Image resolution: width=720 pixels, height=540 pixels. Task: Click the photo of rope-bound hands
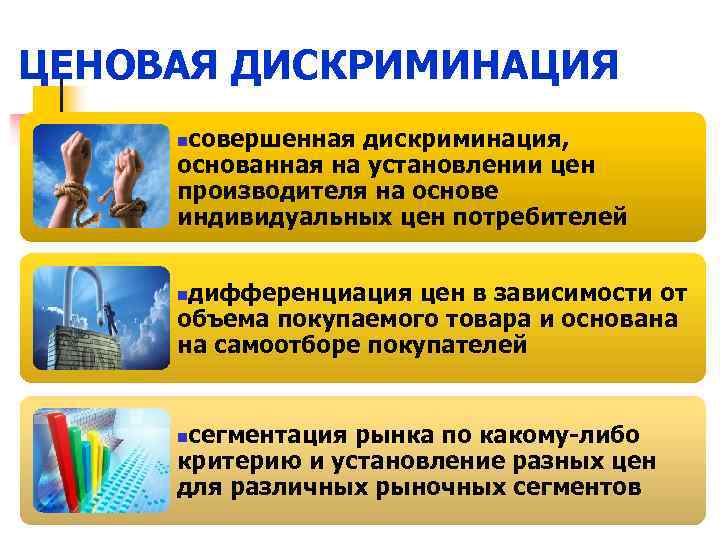[x=99, y=177]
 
